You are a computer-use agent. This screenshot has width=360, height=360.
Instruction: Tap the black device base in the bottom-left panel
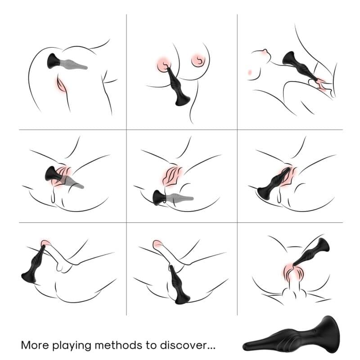click(x=28, y=275)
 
